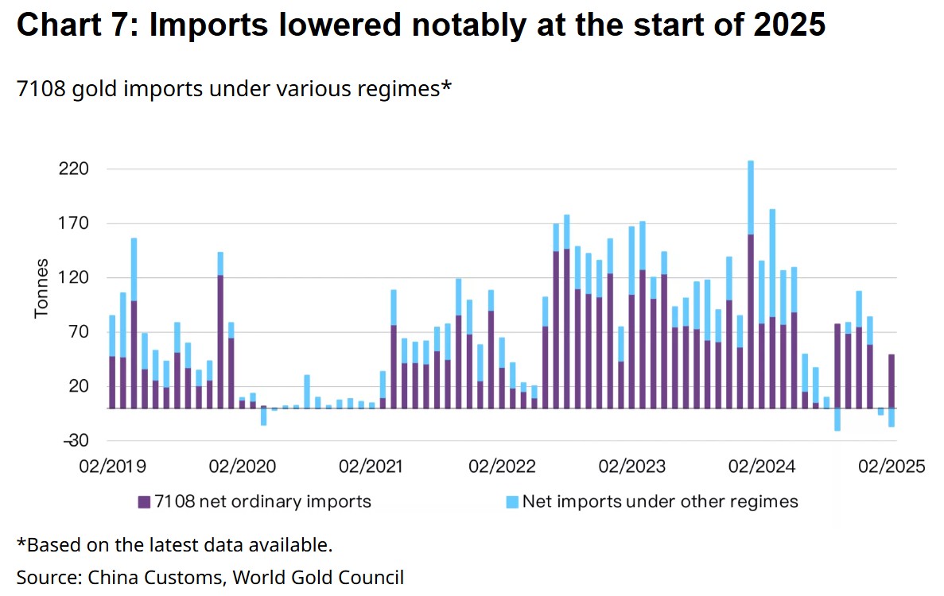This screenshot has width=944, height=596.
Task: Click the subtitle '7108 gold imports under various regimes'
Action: pyautogui.click(x=234, y=88)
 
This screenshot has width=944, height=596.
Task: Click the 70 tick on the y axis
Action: pyautogui.click(x=76, y=332)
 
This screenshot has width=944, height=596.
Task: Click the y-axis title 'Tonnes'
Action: pyautogui.click(x=41, y=288)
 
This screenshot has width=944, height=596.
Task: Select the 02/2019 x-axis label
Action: pyautogui.click(x=112, y=466)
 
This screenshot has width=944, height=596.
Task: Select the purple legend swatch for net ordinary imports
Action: pyautogui.click(x=144, y=501)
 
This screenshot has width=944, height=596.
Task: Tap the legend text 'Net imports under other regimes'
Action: pyautogui.click(x=660, y=501)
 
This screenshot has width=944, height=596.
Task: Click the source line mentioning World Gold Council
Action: pyautogui.click(x=210, y=577)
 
